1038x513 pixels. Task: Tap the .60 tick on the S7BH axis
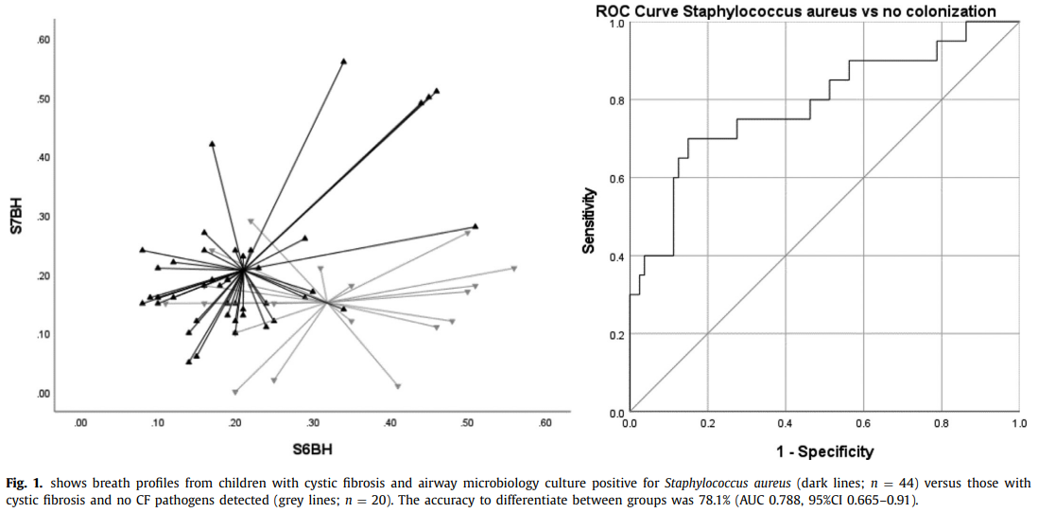(43, 40)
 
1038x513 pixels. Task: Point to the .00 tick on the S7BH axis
(43, 393)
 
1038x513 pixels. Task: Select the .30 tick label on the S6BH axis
(312, 422)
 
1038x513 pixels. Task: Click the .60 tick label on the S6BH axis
(545, 422)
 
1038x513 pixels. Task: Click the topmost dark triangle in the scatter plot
(343, 62)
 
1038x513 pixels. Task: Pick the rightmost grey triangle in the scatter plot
(514, 269)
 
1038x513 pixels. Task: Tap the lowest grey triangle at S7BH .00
(235, 391)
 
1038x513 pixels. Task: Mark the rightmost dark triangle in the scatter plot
(476, 226)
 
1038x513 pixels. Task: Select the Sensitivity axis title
(588, 219)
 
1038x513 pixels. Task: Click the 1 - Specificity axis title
(823, 451)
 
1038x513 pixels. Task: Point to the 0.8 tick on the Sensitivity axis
(614, 100)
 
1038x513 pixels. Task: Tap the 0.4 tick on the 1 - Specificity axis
(785, 424)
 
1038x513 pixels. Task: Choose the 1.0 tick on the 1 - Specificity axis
(1017, 424)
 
